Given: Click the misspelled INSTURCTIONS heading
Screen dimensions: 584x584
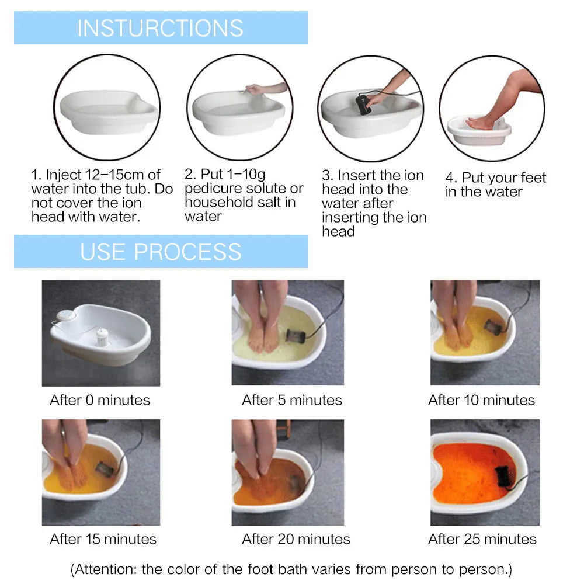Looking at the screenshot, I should pyautogui.click(x=160, y=28).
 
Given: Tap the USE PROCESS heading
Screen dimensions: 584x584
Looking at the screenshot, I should pyautogui.click(x=161, y=252).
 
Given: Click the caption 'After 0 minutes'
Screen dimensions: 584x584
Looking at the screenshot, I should pyautogui.click(x=100, y=400).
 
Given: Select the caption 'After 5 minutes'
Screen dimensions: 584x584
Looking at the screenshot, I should pyautogui.click(x=292, y=400).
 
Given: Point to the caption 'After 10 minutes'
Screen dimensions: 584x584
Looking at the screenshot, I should pyautogui.click(x=481, y=400).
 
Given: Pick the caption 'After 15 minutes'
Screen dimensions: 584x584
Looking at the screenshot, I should pyautogui.click(x=103, y=539).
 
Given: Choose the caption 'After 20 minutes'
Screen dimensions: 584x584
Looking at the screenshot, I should pyautogui.click(x=296, y=539).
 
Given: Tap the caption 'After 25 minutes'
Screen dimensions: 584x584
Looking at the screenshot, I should pyautogui.click(x=482, y=539).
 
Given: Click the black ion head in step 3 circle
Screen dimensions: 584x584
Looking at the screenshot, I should pyautogui.click(x=365, y=106).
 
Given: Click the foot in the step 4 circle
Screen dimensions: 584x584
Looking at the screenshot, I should pyautogui.click(x=481, y=123).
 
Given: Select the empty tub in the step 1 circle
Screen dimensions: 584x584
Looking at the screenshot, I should pyautogui.click(x=108, y=111).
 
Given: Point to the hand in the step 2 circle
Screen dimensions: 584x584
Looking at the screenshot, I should pyautogui.click(x=255, y=89).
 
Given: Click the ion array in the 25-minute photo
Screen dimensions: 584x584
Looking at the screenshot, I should pyautogui.click(x=503, y=476).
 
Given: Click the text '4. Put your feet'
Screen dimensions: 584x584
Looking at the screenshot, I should pyautogui.click(x=495, y=178).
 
